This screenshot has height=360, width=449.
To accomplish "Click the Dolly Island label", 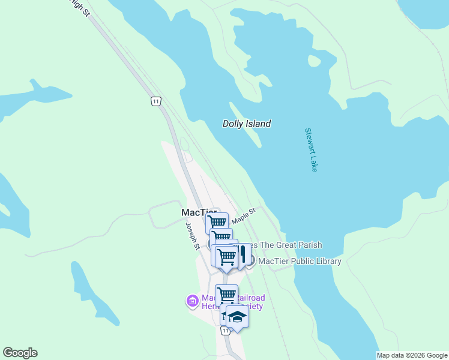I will coord(247,124).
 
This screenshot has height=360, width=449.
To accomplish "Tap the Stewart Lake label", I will coord(310,150).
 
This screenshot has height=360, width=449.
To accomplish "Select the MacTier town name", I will coord(199,212).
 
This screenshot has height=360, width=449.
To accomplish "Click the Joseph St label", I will coord(192,236).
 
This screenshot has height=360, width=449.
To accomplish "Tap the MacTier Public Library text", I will coord(300,261).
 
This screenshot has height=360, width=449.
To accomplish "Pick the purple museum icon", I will coord(193,301).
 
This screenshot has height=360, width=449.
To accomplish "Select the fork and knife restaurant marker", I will coord(242,253).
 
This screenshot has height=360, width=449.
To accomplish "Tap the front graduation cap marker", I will coord(237,317).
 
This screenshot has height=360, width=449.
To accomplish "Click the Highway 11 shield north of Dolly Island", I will coord(155,101).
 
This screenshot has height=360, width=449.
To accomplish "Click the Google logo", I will coord(20,353).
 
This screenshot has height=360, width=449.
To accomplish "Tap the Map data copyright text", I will coord(412,355).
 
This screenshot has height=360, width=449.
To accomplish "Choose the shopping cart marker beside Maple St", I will coord(217,223).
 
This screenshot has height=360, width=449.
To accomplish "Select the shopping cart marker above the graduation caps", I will coord(227,295).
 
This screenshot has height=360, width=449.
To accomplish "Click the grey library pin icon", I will coord(251,260).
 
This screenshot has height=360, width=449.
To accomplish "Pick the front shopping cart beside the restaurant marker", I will coord(226,257).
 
